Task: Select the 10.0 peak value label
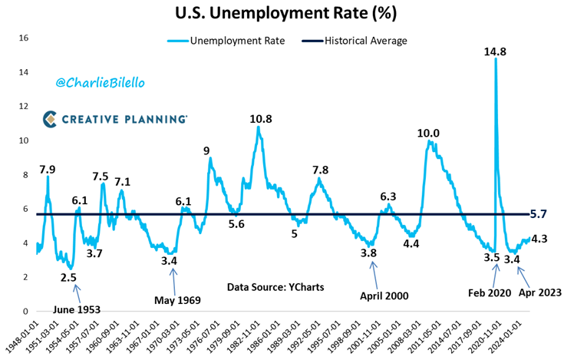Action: (428, 134)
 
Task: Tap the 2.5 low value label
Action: (69, 278)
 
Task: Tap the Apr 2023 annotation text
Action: (539, 293)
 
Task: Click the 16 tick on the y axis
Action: (24, 38)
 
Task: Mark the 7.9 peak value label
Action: (47, 169)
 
